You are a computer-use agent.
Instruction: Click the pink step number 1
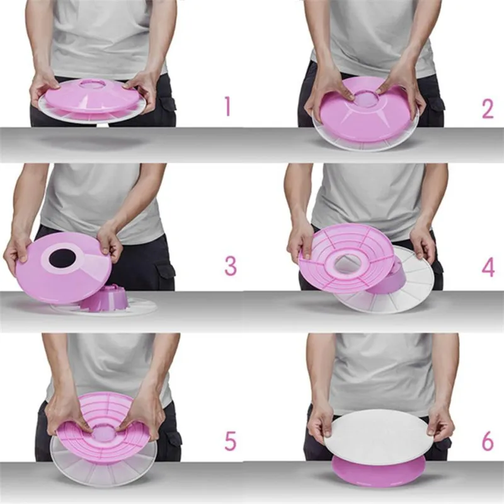[x=228, y=106]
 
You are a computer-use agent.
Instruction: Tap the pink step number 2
[x=488, y=109]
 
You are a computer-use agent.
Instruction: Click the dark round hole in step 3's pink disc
[x=62, y=258]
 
